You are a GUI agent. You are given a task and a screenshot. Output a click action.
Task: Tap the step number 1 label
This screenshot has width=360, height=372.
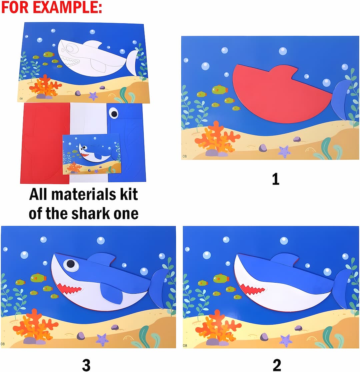(275, 179)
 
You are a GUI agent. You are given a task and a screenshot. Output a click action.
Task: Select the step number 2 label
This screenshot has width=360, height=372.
(277, 365)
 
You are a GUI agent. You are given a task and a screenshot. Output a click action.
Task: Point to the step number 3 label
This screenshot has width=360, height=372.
(86, 365)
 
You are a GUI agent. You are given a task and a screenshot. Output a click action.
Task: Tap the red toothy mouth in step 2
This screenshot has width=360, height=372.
(253, 289)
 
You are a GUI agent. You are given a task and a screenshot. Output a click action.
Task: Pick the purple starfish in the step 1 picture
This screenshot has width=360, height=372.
(284, 152)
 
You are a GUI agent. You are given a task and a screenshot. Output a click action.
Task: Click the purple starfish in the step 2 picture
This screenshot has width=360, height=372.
(286, 341)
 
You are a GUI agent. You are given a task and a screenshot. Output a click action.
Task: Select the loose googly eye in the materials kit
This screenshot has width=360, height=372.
(114, 113)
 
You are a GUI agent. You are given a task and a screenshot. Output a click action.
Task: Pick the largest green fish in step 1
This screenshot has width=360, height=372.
(219, 89)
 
